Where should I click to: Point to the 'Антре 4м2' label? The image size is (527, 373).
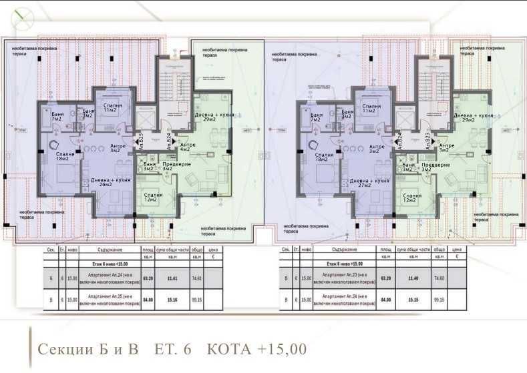pos(188,147)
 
